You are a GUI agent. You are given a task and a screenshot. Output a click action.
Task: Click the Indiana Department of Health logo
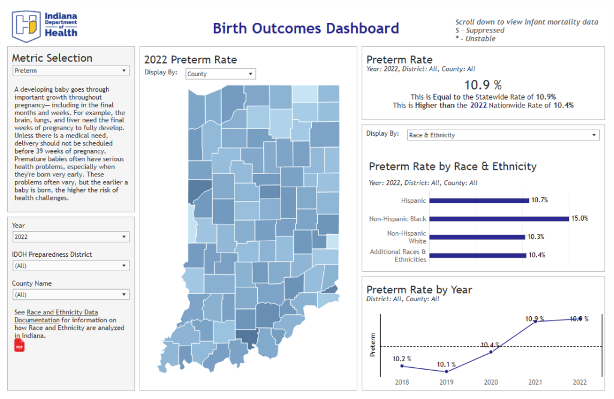[x=45, y=24]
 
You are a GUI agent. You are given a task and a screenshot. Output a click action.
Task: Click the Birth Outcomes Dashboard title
[x=306, y=28]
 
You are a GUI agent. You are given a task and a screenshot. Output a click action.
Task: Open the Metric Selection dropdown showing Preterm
[x=71, y=71]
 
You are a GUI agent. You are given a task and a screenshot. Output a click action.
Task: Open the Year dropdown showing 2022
[x=71, y=237]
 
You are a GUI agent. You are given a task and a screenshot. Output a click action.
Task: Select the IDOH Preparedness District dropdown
[x=71, y=265]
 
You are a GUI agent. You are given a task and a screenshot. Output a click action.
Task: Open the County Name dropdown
[x=71, y=295]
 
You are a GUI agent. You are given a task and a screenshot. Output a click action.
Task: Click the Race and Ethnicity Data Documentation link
[x=62, y=316]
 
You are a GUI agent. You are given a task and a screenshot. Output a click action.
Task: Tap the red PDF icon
[x=19, y=346]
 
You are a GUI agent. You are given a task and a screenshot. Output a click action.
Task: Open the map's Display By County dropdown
[x=220, y=74]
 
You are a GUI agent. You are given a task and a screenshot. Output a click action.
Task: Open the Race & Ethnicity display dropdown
[x=502, y=135]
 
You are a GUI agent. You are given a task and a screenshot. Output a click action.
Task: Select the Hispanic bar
[x=478, y=200]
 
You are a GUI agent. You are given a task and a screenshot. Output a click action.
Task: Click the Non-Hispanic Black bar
[x=498, y=219]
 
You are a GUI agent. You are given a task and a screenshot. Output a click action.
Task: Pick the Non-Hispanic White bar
[x=477, y=237]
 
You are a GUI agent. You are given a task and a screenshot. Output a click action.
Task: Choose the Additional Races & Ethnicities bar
[x=478, y=256]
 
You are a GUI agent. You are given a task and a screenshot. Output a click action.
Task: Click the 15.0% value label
[x=579, y=219]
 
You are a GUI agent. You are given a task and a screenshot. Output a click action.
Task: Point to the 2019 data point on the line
[x=447, y=371]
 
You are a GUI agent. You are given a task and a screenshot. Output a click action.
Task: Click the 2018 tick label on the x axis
[x=402, y=382]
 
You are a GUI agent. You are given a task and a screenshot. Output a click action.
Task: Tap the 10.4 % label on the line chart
[x=490, y=344]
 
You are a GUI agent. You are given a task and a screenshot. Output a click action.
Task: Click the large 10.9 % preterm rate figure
[x=483, y=85]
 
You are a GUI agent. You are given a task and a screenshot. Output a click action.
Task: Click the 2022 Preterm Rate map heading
[x=191, y=59]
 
